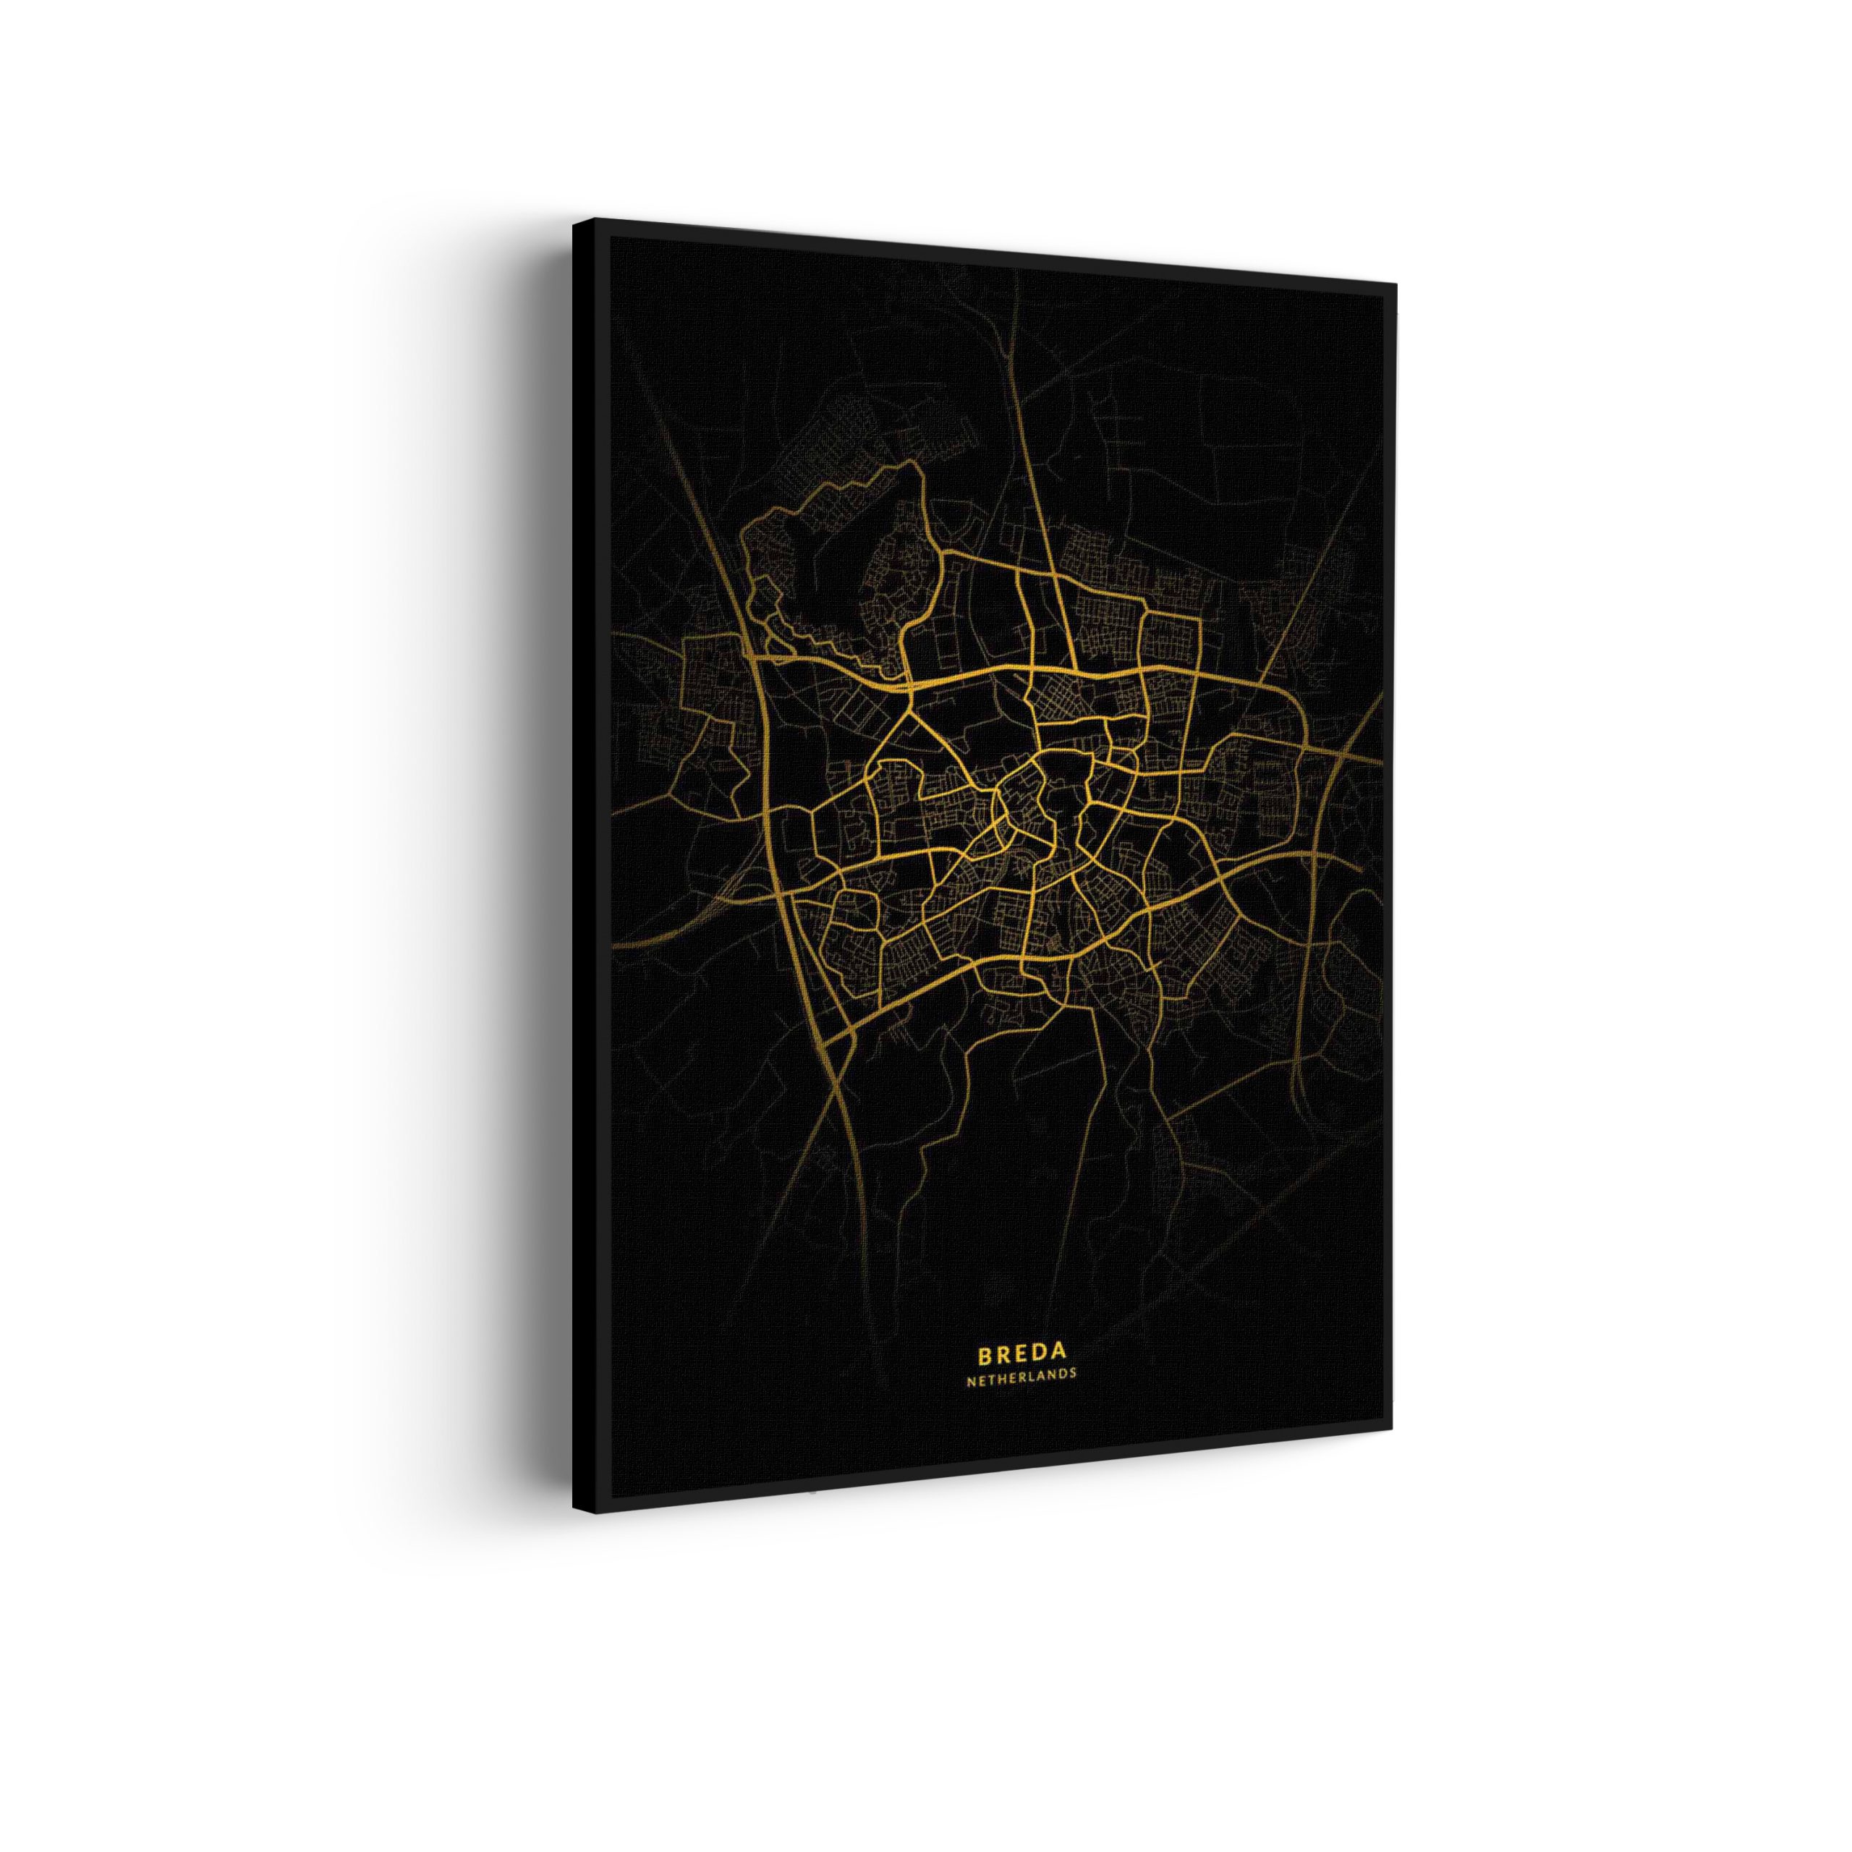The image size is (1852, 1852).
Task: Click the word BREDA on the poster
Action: [1021, 1353]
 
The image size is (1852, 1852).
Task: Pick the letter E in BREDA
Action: [1020, 1353]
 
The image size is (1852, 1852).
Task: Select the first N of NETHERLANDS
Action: [971, 1374]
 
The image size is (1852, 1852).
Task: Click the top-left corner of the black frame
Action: [575, 221]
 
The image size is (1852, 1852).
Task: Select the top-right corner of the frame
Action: [1395, 284]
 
